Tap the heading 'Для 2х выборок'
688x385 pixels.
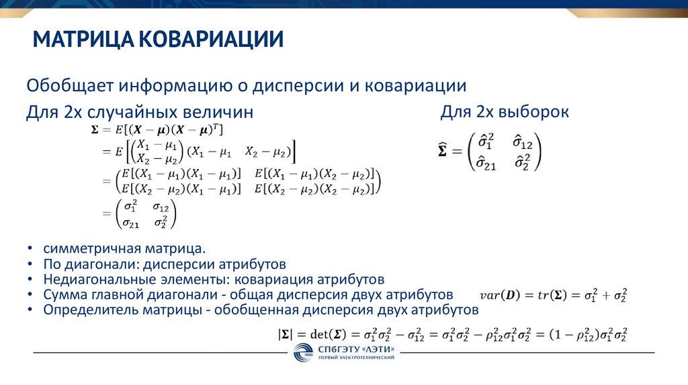[x=505, y=112]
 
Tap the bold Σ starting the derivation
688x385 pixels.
[x=94, y=128]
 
